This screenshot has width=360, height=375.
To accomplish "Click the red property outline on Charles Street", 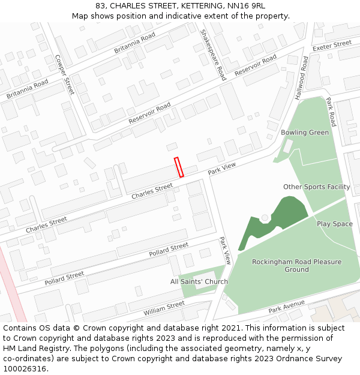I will [x=178, y=167].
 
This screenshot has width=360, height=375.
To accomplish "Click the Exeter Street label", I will [x=332, y=45].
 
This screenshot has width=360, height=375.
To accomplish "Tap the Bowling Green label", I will [x=305, y=132].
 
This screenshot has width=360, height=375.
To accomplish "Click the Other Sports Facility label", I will [x=316, y=187].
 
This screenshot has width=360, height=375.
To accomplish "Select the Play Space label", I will [x=334, y=224].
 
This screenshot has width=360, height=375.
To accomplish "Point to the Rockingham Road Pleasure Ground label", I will [x=296, y=265].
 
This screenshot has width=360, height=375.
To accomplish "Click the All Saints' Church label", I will [x=199, y=281].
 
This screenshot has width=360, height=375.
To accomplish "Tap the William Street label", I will [x=164, y=308].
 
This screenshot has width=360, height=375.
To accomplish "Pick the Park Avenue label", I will [x=286, y=308].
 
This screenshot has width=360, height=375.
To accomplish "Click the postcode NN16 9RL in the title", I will [x=246, y=5].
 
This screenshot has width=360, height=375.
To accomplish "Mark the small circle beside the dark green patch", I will [x=265, y=217].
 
